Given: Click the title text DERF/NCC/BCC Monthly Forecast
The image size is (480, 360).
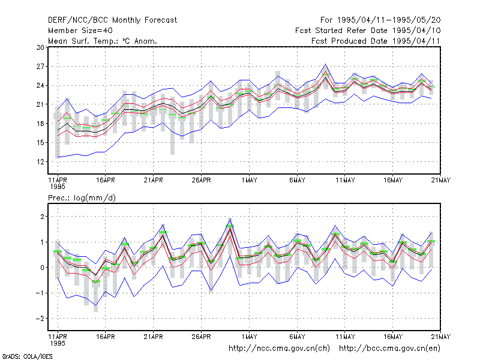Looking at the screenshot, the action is pyautogui.click(x=112, y=20).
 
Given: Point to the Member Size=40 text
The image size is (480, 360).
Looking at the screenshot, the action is pyautogui.click(x=80, y=31).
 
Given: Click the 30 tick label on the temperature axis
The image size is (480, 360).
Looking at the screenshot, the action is pyautogui.click(x=40, y=47).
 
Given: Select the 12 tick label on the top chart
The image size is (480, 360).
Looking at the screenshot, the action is pyautogui.click(x=40, y=161).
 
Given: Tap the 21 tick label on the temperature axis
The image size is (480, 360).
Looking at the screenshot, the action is pyautogui.click(x=40, y=104).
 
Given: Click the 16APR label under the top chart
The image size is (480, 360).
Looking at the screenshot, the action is pyautogui.click(x=106, y=180).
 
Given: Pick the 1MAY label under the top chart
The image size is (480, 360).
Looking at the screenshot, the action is pyautogui.click(x=249, y=180).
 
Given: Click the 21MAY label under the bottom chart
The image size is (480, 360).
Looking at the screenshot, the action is pyautogui.click(x=441, y=337).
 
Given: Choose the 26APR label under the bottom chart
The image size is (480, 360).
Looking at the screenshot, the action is pyautogui.click(x=201, y=337).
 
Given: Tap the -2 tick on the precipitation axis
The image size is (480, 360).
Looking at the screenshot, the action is pyautogui.click(x=40, y=319).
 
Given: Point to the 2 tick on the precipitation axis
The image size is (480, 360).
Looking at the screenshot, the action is pyautogui.click(x=42, y=217).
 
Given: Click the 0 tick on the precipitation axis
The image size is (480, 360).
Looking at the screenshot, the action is pyautogui.click(x=42, y=268).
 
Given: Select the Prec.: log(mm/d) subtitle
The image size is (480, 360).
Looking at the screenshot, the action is pyautogui.click(x=82, y=198).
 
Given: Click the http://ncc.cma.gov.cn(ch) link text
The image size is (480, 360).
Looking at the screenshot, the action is pyautogui.click(x=279, y=349).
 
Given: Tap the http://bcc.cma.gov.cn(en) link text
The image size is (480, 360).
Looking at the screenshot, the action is pyautogui.click(x=389, y=349).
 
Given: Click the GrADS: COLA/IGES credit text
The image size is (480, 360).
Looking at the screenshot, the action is pyautogui.click(x=27, y=356).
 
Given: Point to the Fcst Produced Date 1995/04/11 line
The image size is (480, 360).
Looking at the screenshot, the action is pyautogui.click(x=376, y=41).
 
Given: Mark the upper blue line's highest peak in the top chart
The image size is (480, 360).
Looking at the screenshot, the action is pyautogui.click(x=325, y=64).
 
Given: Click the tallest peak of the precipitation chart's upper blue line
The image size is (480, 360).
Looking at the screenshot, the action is pyautogui.click(x=230, y=218).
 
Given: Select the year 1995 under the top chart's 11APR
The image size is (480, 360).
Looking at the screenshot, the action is pyautogui.click(x=58, y=187).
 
